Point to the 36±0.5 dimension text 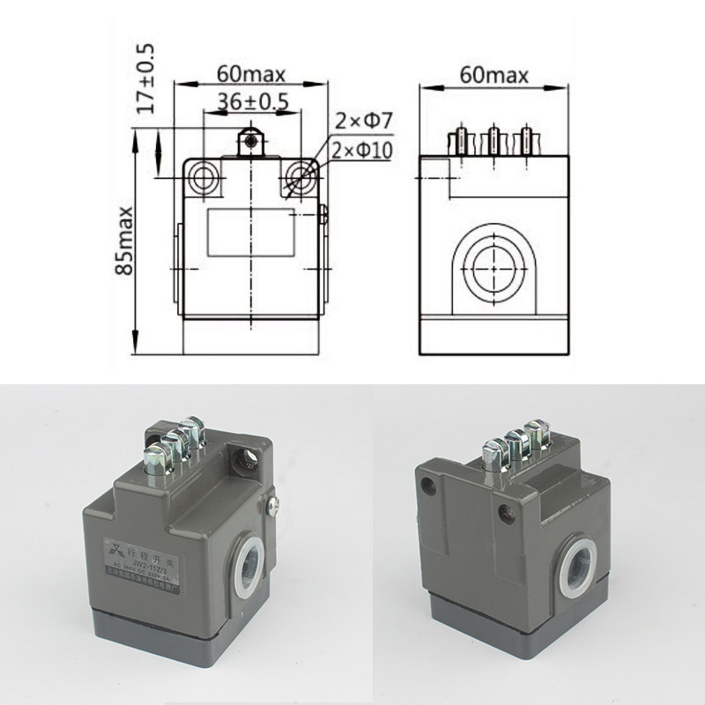(252, 101)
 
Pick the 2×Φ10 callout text (363, 151)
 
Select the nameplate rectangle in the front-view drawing (252, 232)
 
